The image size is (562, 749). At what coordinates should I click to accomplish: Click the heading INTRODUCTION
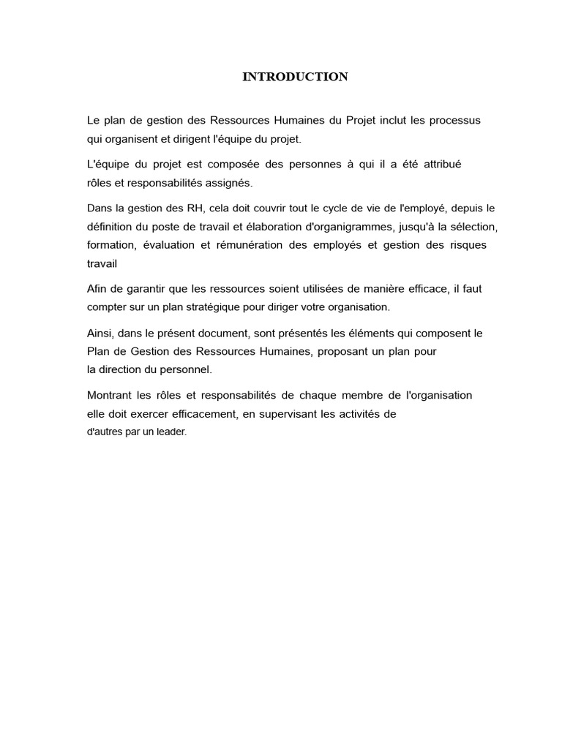point(295,77)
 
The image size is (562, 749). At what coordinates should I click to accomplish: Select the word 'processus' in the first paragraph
point(455,120)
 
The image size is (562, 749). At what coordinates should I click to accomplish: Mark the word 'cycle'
point(341,208)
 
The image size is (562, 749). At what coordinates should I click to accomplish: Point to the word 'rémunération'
point(251,245)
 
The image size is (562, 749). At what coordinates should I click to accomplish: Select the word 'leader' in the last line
point(171,432)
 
